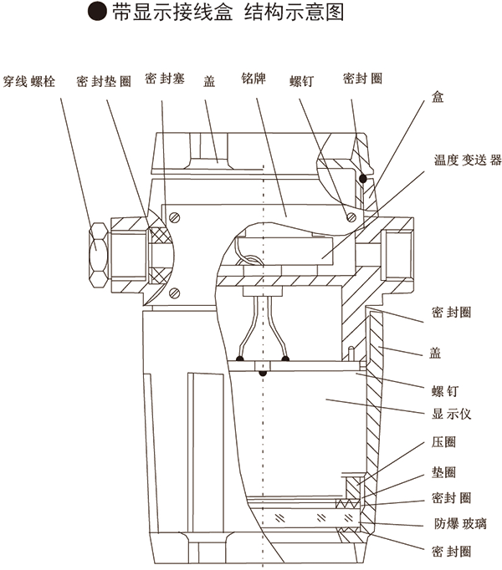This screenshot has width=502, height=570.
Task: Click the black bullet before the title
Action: click(x=97, y=12)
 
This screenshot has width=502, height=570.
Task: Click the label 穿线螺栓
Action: click(x=29, y=81)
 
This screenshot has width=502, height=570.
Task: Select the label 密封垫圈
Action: click(x=104, y=81)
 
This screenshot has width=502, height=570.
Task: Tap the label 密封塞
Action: click(x=165, y=79)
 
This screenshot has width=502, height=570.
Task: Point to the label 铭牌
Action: click(x=254, y=79)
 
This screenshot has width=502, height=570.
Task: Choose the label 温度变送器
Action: click(x=468, y=160)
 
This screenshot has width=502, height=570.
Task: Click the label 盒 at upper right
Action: click(x=438, y=97)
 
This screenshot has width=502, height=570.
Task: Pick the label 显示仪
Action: click(x=452, y=414)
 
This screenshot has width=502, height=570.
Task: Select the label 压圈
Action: click(x=443, y=442)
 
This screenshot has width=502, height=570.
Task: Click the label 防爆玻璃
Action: click(x=460, y=524)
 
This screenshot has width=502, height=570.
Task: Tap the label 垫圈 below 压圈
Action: click(x=443, y=472)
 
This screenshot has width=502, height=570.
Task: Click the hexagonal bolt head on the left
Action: click(x=98, y=255)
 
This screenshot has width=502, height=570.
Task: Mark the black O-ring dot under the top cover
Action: click(x=362, y=179)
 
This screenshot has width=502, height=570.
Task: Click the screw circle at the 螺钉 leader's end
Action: click(x=351, y=217)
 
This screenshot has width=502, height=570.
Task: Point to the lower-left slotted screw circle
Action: click(x=175, y=293)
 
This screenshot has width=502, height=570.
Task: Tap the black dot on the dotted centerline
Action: click(x=264, y=373)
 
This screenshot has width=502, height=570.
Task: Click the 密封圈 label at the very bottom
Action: click(x=452, y=552)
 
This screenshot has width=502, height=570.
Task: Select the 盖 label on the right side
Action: click(x=435, y=353)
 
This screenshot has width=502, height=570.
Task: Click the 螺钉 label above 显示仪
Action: click(x=445, y=391)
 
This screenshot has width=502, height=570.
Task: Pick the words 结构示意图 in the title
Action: click(x=294, y=12)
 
